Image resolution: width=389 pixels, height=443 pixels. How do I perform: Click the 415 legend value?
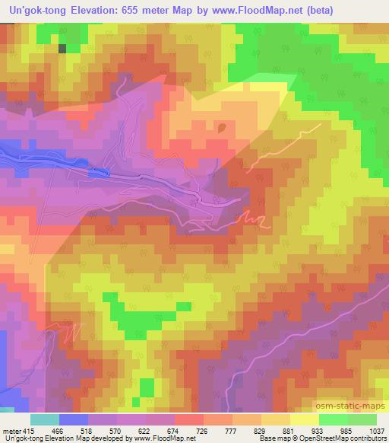click(x=24, y=430)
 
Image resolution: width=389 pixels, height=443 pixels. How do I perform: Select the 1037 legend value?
click(x=374, y=430)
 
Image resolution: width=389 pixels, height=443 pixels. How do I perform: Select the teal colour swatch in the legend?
click(x=45, y=419)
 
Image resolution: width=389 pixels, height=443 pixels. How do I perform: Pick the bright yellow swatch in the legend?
click(x=304, y=419)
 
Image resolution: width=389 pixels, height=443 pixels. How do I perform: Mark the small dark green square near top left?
click(x=62, y=48)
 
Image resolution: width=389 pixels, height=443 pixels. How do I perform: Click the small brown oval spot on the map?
click(x=222, y=128)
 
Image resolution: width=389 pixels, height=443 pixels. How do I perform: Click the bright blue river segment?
click(x=96, y=173)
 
